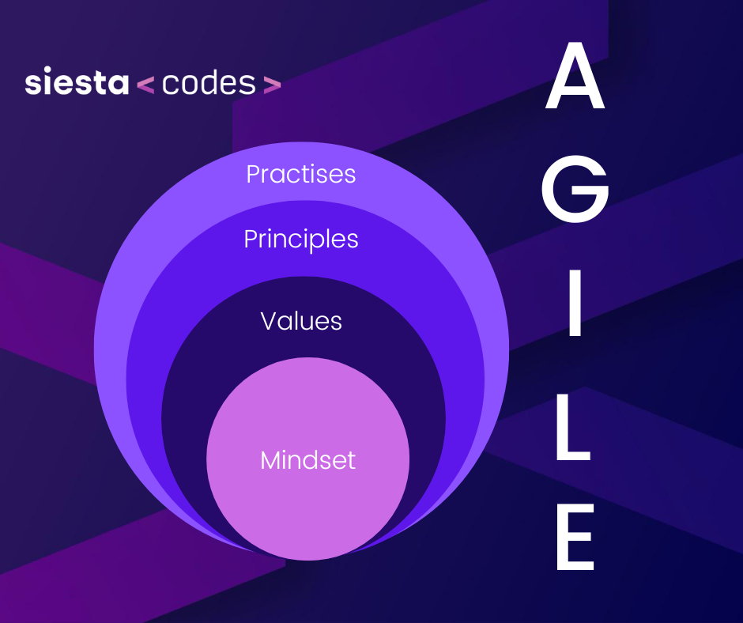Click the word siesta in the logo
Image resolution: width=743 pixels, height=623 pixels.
coord(77,81)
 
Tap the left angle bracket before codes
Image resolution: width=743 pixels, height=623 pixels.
coord(145,85)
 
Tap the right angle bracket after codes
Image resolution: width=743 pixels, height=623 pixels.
coord(272,85)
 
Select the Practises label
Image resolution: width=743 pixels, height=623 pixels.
coord(301,174)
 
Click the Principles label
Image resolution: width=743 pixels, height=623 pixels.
coord(301,240)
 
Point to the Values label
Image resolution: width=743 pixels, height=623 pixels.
coord(301,321)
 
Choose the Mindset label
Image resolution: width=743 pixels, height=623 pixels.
coord(308,460)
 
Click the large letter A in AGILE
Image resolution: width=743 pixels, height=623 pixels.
coord(575,77)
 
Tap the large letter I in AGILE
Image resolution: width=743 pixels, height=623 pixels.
coord(575,303)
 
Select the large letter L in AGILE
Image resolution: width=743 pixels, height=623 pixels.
coord(573,427)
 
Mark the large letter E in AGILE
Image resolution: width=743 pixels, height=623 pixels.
coord(575,537)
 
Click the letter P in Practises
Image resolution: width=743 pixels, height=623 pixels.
coord(254,174)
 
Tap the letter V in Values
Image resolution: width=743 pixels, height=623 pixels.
coord(270,321)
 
